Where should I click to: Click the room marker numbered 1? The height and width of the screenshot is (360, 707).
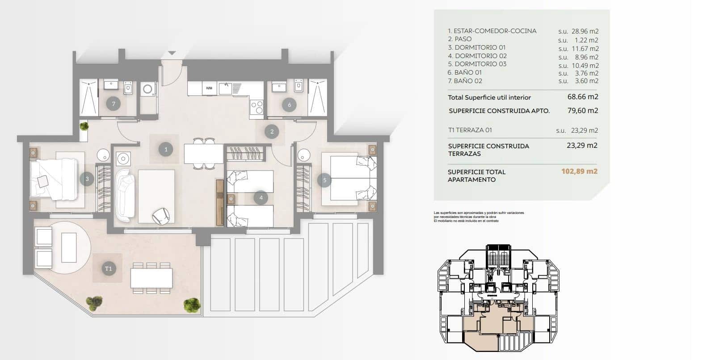(x=166, y=149)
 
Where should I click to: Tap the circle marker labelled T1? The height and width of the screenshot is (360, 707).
(x=108, y=268)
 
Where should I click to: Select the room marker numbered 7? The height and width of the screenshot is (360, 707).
(x=114, y=104)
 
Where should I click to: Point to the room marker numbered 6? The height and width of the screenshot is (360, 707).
(x=289, y=105)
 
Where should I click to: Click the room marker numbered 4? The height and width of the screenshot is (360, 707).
(x=261, y=197)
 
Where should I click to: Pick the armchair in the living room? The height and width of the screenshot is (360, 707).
(x=160, y=216)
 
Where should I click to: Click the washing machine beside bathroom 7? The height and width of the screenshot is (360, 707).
(x=147, y=89)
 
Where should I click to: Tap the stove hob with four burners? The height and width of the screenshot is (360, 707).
(x=257, y=107)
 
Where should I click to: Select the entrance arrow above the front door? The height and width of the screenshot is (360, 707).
(x=172, y=53)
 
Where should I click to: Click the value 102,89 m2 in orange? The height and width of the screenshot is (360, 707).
(x=579, y=171)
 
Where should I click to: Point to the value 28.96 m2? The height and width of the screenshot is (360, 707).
(x=585, y=31)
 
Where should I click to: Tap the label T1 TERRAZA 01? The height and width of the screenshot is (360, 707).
(x=470, y=130)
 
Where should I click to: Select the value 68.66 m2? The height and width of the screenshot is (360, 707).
(x=583, y=96)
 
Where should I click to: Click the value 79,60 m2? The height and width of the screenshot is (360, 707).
(x=583, y=110)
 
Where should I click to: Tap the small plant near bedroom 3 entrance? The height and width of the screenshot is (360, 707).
(x=84, y=127)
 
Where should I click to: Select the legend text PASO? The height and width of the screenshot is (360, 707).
(x=463, y=39)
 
